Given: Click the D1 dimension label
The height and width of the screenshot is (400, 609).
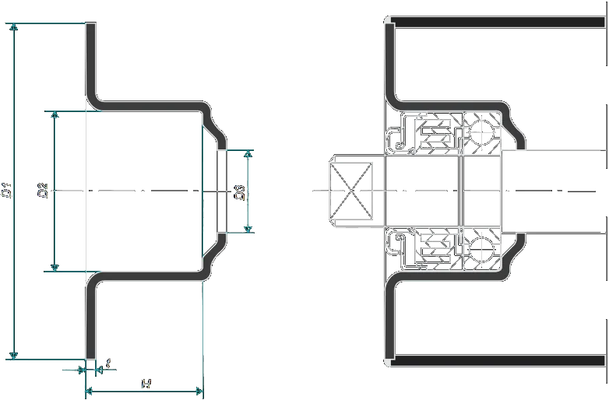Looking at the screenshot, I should coord(7,190).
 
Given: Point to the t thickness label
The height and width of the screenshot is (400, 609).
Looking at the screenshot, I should coord(108,362).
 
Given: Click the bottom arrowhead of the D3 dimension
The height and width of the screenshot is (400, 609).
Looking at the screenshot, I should coord(248,228).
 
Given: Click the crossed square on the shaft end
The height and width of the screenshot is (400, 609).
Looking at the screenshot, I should coord(350,191).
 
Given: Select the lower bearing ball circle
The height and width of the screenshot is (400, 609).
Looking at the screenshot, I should coord(482,250).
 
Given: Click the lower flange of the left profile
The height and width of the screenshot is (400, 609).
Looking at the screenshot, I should coord(90,319).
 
